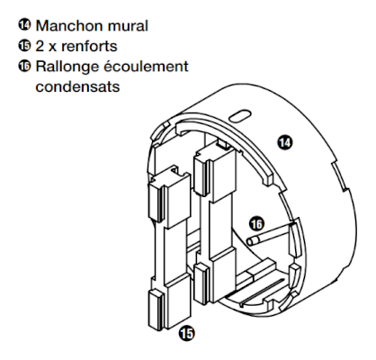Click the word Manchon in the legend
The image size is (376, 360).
(70, 26)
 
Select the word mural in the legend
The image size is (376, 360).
(128, 26)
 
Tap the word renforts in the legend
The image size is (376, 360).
(89, 46)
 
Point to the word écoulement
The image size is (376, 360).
(146, 67)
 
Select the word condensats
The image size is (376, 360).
(77, 86)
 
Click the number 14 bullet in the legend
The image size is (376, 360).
(24, 24)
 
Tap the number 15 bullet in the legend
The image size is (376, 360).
(24, 45)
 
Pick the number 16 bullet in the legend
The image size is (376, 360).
(24, 66)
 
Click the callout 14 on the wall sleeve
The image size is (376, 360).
(284, 142)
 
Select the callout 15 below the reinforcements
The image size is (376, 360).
(186, 333)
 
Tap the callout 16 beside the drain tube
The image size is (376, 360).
(256, 224)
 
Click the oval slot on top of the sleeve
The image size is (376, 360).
(239, 116)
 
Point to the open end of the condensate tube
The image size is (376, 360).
(251, 241)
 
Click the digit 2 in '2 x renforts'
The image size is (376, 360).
(40, 46)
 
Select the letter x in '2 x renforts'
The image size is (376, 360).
(52, 48)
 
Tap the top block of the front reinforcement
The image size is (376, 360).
(169, 198)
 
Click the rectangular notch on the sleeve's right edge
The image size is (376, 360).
(339, 176)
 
